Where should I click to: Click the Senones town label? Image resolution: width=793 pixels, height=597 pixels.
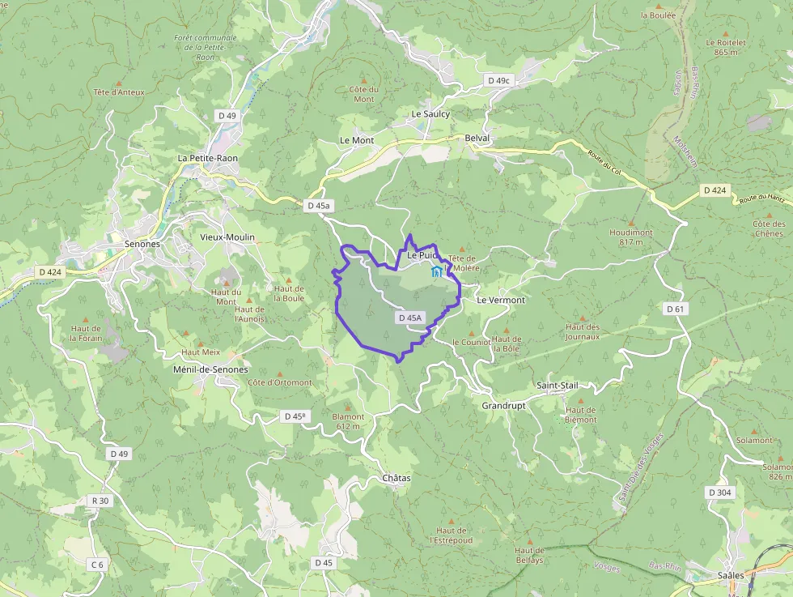[142, 243]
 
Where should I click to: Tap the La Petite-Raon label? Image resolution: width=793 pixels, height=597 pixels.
[209, 157]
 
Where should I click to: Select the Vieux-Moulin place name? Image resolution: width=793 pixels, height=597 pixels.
[227, 237]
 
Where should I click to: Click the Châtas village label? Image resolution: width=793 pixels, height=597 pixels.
[396, 478]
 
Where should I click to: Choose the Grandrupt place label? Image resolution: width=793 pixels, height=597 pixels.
[503, 405]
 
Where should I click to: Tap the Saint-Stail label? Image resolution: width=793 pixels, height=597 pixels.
[558, 386]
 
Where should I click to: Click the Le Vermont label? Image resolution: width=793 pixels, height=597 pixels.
[501, 300]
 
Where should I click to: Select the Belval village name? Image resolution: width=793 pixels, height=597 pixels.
[477, 139]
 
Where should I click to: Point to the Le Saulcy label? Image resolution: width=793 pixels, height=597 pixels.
[430, 114]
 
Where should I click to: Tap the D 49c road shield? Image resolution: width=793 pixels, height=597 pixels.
[499, 81]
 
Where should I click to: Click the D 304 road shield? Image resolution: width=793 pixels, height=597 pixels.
[719, 493]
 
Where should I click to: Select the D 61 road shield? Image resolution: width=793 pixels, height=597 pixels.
[676, 309]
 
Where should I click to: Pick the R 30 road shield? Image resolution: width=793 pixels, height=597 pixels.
[100, 501]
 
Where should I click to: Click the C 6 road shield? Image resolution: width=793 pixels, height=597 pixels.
[97, 564]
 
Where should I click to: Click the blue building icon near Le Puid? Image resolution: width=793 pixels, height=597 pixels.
[437, 271]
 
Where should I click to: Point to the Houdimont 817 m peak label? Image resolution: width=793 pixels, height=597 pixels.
[631, 237]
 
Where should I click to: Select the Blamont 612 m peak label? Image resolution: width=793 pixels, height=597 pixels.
[349, 421]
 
